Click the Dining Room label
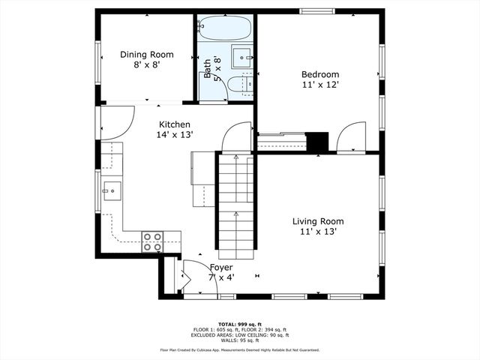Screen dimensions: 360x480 pos(147,54)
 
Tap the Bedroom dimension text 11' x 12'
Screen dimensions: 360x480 pos(320,85)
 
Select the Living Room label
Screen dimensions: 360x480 pos(318,221)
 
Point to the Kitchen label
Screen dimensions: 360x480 pos(174,124)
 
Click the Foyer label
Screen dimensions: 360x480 pos(220,267)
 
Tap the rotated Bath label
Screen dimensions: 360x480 pos(208,69)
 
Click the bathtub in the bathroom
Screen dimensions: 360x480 pos(225,29)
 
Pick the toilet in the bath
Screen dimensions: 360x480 pos(238,85)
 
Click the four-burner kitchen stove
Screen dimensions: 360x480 pos(153,241)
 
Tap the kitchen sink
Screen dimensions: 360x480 pos(110,190)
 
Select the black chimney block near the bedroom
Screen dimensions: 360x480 pos(318,141)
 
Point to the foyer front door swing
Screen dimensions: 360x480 pos(196,274)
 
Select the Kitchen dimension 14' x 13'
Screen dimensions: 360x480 pos(175,135)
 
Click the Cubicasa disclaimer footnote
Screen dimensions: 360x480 pos(239,350)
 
